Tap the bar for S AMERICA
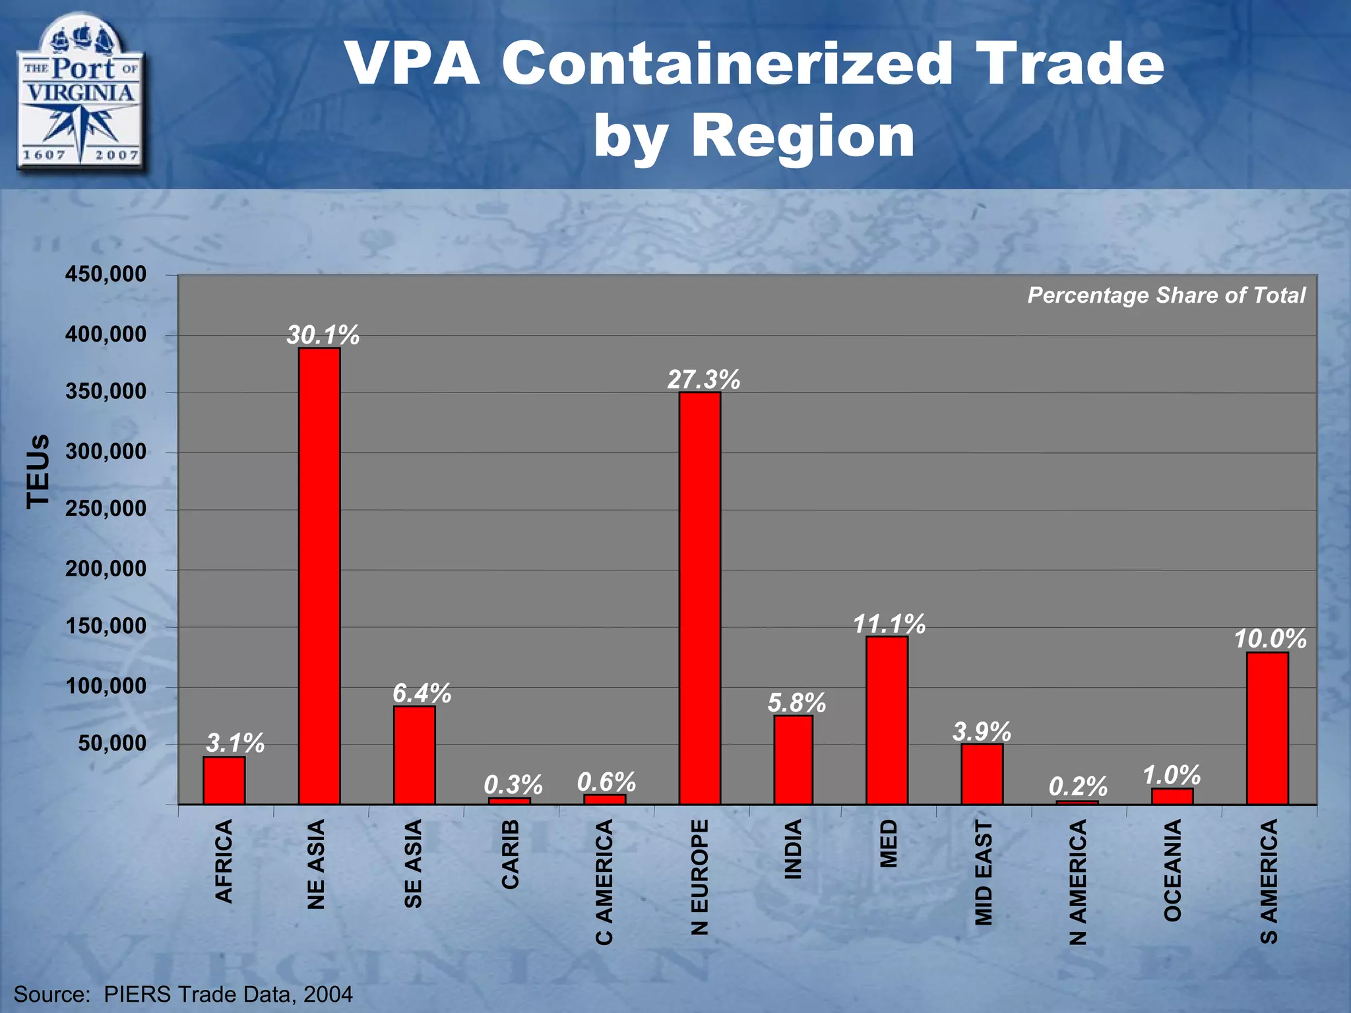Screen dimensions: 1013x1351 point(1267,728)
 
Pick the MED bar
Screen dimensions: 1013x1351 point(887,720)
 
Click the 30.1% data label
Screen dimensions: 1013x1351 point(323,336)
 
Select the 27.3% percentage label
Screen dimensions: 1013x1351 point(703,380)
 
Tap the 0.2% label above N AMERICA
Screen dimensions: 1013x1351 point(1078,786)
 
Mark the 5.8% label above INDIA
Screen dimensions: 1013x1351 point(796,703)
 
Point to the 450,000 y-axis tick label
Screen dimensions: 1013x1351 point(106,274)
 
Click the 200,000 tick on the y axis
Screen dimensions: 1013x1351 point(106,568)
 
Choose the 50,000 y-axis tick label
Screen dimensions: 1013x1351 point(112,743)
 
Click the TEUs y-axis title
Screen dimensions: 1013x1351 point(38,470)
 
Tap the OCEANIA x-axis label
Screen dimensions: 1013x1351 point(1172,870)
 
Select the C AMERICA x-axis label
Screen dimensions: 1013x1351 point(604,882)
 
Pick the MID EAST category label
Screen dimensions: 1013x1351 point(983,873)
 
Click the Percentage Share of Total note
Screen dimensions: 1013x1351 point(1166,295)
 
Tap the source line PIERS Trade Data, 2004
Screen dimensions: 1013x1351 point(183,994)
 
